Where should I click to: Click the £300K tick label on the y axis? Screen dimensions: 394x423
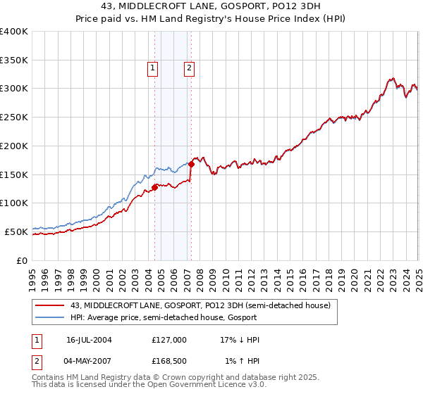pos(13,89)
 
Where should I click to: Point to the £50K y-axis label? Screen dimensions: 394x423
pos(16,231)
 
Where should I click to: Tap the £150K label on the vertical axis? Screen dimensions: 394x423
pos(13,174)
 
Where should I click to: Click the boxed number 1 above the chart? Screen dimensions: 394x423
pos(152,68)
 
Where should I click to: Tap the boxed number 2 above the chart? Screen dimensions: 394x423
pos(190,68)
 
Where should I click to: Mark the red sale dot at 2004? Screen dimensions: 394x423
pos(155,187)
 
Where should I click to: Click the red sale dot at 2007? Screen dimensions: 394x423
pos(191,164)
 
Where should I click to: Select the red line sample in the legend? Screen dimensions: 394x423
pos(50,305)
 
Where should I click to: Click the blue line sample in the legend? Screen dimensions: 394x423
pos(50,317)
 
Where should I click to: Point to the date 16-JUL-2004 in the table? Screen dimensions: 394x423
pos(89,340)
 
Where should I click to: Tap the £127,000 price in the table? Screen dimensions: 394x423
pos(168,340)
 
